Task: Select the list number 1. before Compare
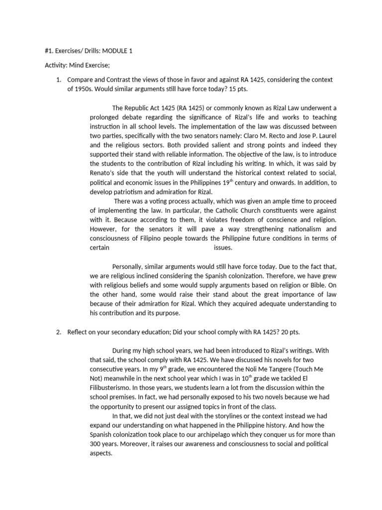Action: point(59,80)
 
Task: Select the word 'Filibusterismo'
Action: point(111,388)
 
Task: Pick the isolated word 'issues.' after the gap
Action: point(223,248)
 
